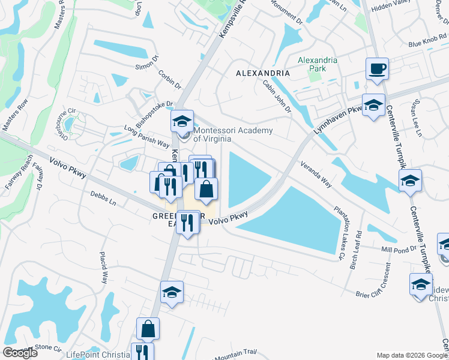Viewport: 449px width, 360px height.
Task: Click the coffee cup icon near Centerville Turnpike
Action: (376, 69)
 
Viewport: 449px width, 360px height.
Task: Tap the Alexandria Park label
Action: (318, 64)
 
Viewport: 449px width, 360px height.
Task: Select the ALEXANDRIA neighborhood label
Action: (263, 73)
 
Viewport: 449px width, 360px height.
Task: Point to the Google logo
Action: (20, 353)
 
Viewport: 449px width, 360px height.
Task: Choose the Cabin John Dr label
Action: (277, 97)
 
